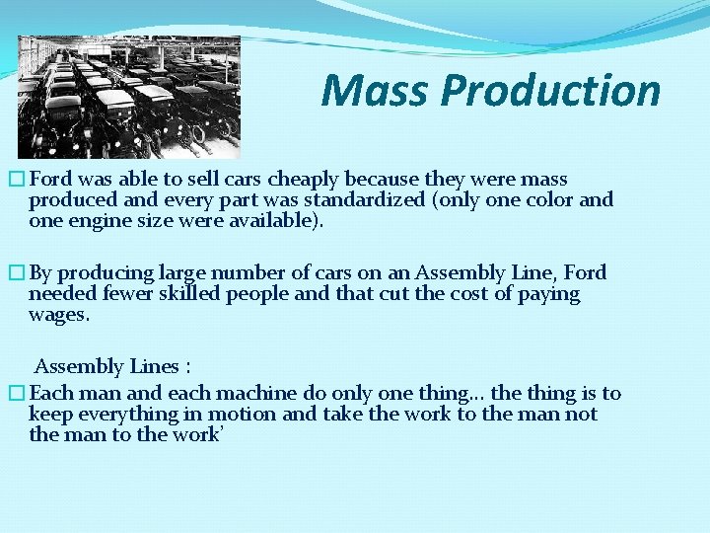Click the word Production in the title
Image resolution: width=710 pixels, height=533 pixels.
click(550, 91)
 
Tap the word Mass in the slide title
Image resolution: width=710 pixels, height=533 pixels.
click(376, 91)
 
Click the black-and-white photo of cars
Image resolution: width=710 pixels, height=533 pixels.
click(129, 97)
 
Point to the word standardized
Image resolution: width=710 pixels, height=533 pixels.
click(355, 199)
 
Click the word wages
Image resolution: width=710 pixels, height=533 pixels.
click(58, 316)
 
